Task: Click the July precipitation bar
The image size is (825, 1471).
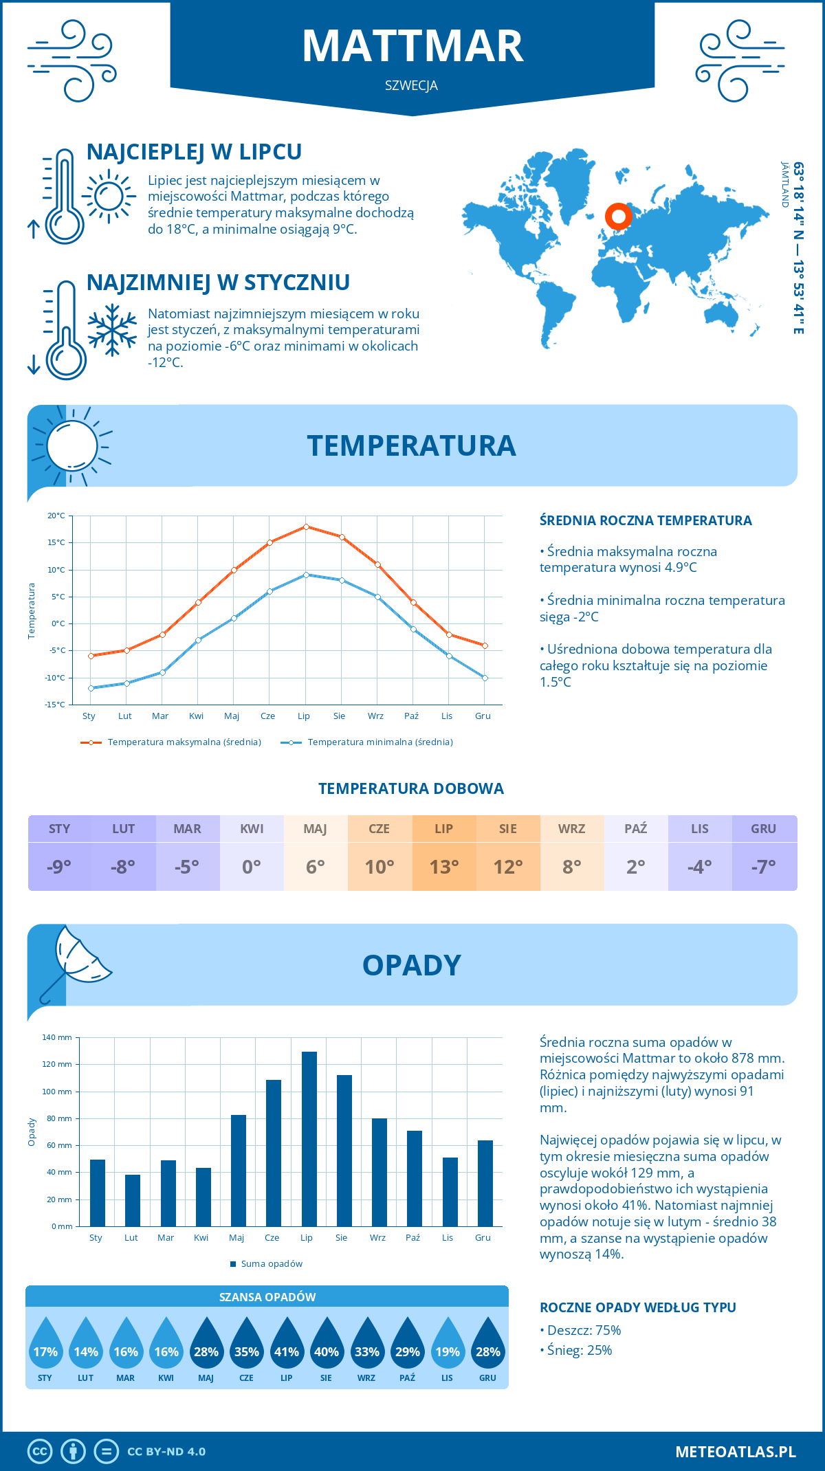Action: [309, 1139]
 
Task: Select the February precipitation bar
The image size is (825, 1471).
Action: [133, 1200]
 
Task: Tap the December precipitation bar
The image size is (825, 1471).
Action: [485, 1183]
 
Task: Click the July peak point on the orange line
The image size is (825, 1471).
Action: [306, 527]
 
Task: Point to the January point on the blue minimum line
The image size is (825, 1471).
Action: [91, 688]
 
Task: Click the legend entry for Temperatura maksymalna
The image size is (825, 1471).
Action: [172, 742]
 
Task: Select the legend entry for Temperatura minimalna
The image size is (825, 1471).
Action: [368, 742]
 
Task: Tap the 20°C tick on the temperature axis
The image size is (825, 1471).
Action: [56, 516]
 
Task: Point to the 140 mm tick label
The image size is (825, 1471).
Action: [57, 1037]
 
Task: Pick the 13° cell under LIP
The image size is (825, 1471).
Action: [444, 867]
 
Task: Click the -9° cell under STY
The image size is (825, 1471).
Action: [59, 867]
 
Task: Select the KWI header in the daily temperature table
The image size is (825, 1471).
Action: [252, 829]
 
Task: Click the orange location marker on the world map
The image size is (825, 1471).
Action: [619, 217]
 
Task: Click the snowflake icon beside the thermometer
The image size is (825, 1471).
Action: [112, 329]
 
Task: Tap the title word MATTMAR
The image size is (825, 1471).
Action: [412, 47]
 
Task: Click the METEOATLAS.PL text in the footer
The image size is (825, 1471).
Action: [736, 1452]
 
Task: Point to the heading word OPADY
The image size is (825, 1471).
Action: [412, 965]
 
